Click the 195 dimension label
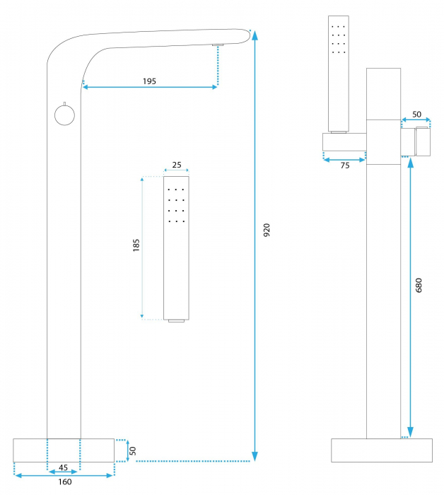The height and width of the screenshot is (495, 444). point(149,81)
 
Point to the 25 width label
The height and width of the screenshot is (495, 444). point(177,165)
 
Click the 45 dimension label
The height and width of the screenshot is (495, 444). point(63,467)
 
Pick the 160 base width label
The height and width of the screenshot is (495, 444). point(64,483)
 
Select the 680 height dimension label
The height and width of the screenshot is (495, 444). point(419,285)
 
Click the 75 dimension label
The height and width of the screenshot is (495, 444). point(344,165)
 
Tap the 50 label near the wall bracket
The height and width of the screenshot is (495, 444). point(416,114)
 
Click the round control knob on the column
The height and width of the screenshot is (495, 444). point(64,114)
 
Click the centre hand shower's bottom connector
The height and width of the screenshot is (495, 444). point(177,321)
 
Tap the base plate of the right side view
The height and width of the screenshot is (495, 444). point(382,450)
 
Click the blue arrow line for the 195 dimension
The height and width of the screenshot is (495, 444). point(150,88)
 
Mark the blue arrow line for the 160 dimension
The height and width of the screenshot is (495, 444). point(64,475)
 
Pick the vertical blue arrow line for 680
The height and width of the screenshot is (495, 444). point(410,297)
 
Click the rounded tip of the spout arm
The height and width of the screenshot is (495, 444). point(248,35)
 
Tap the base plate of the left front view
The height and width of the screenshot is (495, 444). point(64,450)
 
